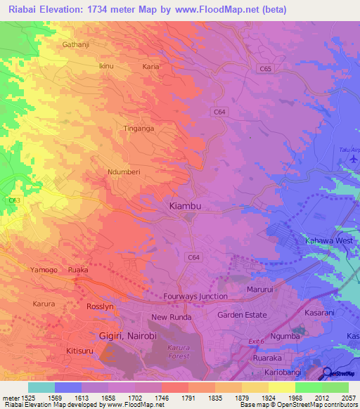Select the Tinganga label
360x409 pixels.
click(139, 129)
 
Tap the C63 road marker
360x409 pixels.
click(13, 200)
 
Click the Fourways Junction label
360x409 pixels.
click(195, 297)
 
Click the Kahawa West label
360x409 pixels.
click(328, 241)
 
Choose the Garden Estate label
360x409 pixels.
click(243, 315)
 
